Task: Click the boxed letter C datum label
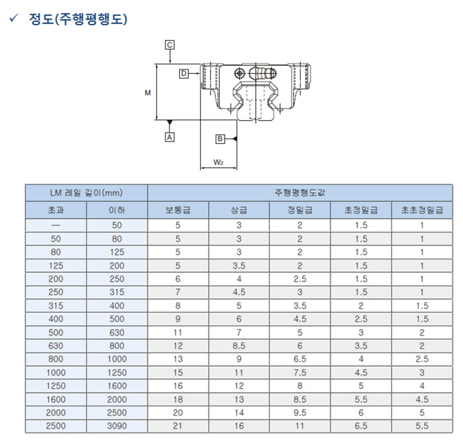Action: point(169,45)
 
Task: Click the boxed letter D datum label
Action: point(184,73)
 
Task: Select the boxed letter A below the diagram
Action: point(169,137)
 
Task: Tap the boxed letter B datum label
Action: point(220,139)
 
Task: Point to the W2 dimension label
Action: point(218,162)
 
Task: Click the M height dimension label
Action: point(148,93)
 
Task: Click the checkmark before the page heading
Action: point(13,18)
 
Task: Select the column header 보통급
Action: point(178,210)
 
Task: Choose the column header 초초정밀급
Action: point(422,210)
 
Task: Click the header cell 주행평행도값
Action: point(300,193)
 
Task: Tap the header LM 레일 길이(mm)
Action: point(86,193)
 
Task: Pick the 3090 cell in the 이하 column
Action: point(117,426)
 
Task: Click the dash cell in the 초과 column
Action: point(56,226)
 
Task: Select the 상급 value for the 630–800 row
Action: point(239,346)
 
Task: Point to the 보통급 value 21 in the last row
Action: point(178,426)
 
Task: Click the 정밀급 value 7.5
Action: point(300,373)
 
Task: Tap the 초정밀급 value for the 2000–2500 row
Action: point(361,413)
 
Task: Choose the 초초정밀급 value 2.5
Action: point(422,359)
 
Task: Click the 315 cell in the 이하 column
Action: point(117,292)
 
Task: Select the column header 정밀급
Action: point(300,210)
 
